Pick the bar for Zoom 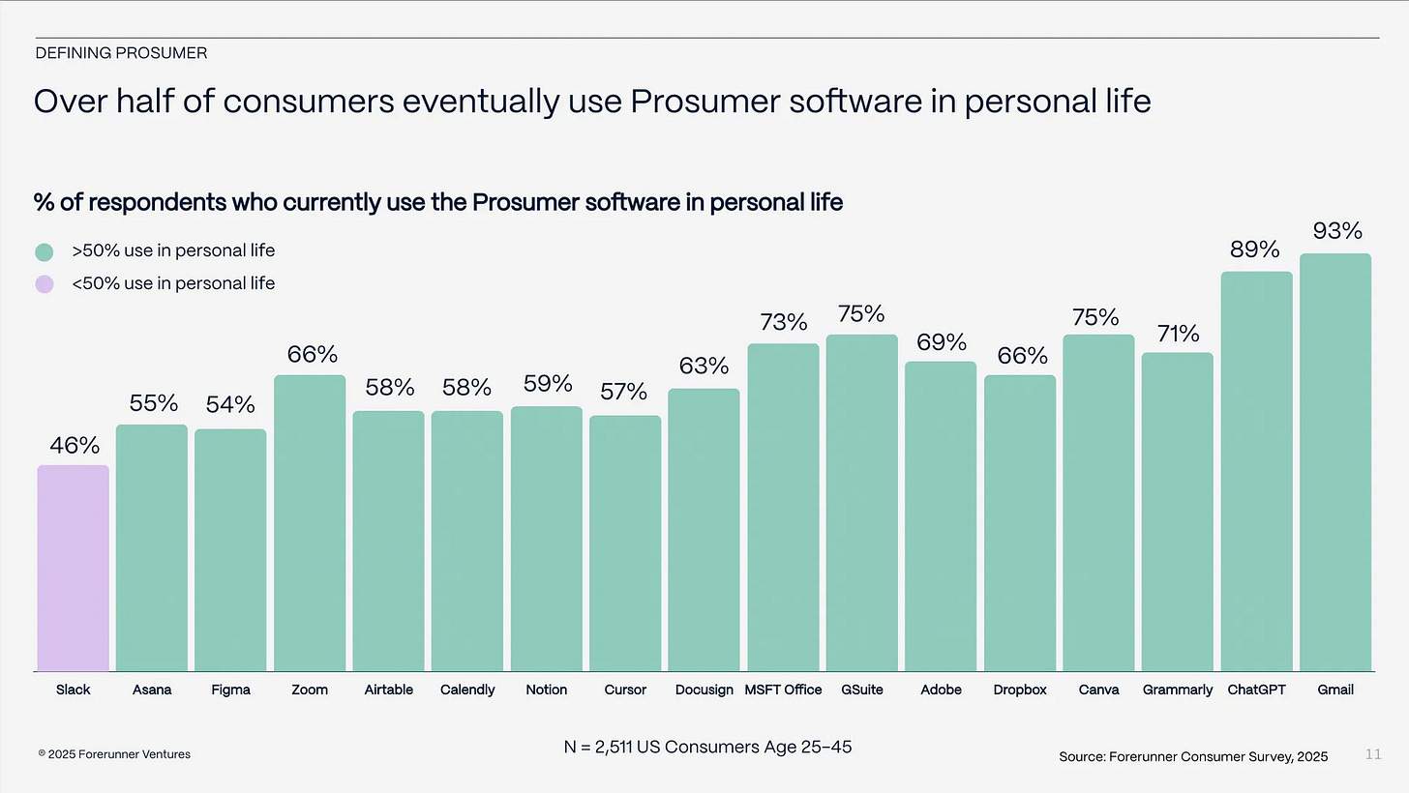coord(310,522)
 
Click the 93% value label coord(1337,231)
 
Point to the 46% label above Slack coord(75,446)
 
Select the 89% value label coord(1255,250)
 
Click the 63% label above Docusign coord(704,367)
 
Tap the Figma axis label coord(230,690)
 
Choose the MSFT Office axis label coord(783,690)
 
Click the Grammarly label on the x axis coord(1177,690)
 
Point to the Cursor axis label coord(625,690)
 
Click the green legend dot coord(44,251)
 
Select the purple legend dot coord(44,284)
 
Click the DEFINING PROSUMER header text coord(121,53)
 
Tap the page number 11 coord(1373,754)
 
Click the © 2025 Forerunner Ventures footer coord(114,754)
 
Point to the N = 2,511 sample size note coord(707,747)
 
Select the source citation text coord(1193,756)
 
